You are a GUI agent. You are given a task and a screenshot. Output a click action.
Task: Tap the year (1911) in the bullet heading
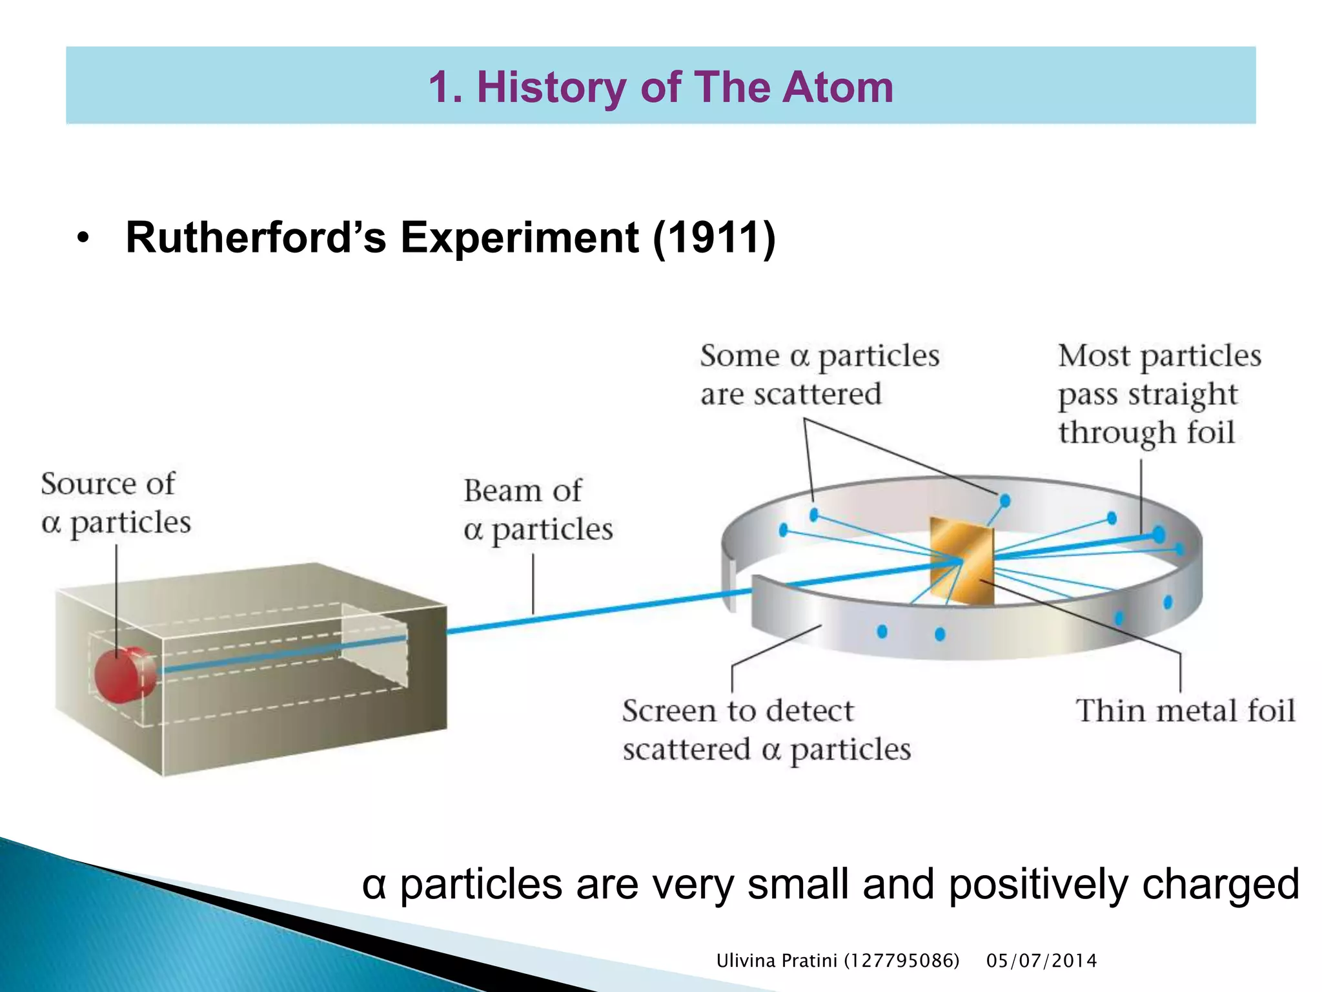tap(714, 237)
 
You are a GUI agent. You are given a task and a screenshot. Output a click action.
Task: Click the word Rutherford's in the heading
tap(256, 237)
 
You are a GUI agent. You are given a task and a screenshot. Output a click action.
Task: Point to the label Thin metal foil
tap(1185, 710)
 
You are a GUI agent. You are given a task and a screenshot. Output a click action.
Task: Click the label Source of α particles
tap(116, 502)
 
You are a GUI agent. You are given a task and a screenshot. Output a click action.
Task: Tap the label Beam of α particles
tap(537, 510)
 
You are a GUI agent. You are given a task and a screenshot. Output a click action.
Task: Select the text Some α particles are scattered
tap(819, 375)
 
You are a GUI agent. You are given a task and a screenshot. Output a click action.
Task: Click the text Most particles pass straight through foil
tap(1159, 393)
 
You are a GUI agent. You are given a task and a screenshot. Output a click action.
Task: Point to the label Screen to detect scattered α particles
tap(766, 730)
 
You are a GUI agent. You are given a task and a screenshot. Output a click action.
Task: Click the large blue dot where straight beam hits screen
tap(1159, 534)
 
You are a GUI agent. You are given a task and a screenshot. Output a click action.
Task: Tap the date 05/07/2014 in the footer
tap(1041, 961)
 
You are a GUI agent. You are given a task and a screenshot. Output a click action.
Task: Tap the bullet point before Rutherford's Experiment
tap(82, 238)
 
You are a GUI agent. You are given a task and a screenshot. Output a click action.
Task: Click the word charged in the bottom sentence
tap(1220, 885)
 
